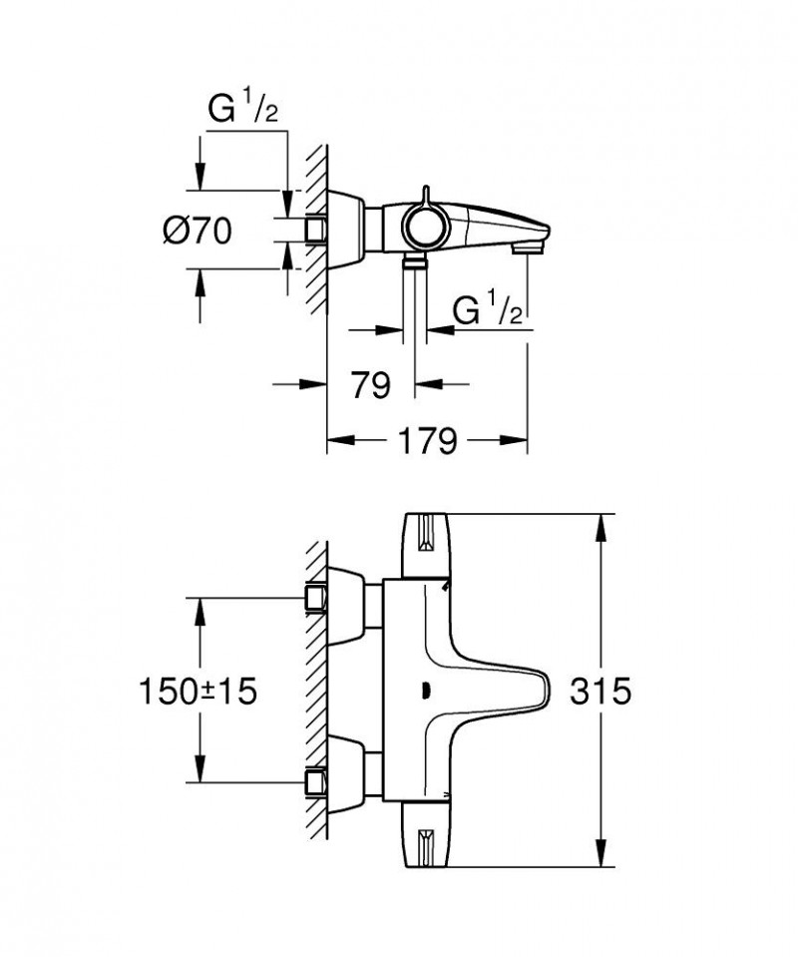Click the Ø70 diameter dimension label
click(x=198, y=231)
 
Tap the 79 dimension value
click(x=371, y=384)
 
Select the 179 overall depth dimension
click(x=429, y=439)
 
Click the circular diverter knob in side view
click(x=424, y=229)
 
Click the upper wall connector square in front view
click(x=317, y=597)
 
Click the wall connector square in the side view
click(x=317, y=229)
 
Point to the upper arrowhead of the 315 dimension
click(x=601, y=524)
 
